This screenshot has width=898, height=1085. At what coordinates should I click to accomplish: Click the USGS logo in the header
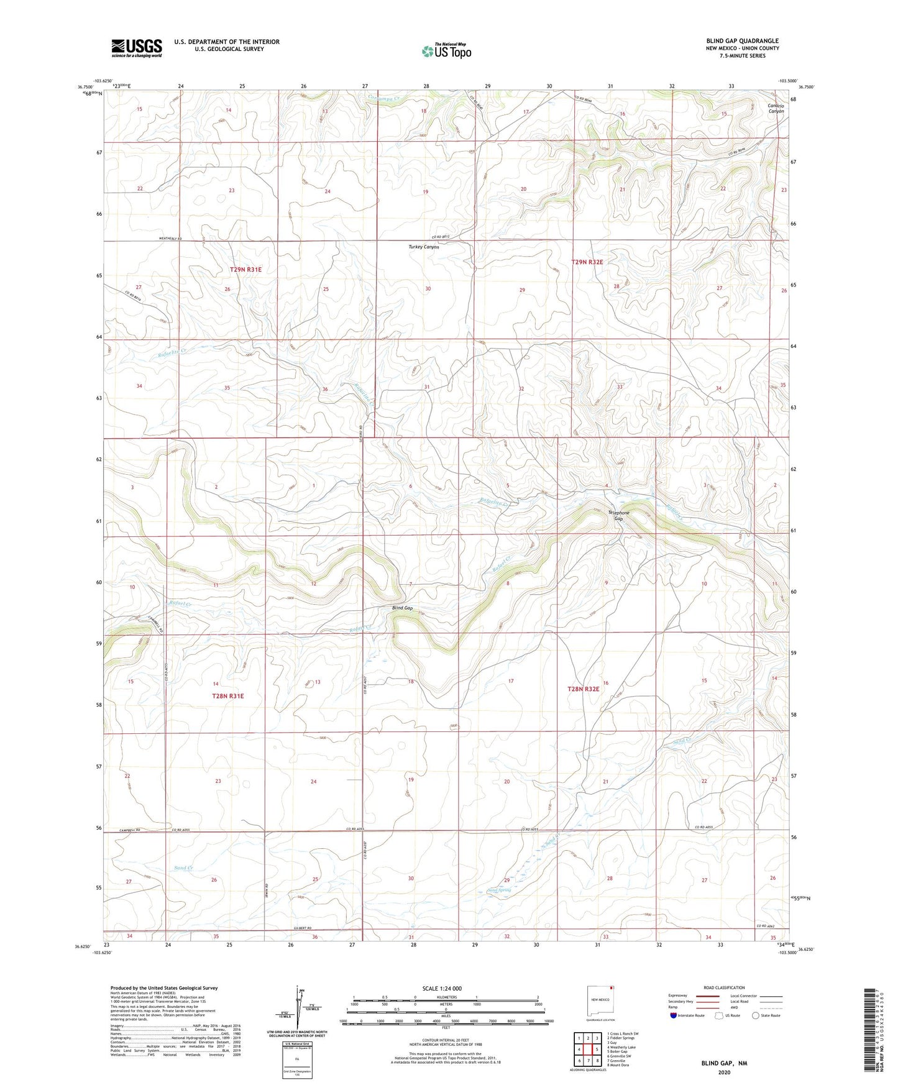(x=137, y=48)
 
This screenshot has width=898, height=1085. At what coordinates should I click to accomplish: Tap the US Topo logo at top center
(x=446, y=50)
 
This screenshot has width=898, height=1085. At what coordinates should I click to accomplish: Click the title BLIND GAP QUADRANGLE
(x=742, y=41)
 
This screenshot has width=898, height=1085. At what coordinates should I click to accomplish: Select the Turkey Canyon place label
(x=423, y=247)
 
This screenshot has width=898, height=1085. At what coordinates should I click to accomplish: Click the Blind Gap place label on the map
(x=402, y=608)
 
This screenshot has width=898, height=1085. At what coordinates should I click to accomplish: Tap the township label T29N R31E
(x=245, y=270)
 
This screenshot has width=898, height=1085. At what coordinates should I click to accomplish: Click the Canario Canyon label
(x=775, y=108)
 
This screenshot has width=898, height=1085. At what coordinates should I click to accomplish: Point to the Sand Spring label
(x=499, y=890)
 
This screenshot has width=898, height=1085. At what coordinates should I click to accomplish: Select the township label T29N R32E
(x=587, y=262)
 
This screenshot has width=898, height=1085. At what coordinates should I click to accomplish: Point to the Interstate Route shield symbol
(x=674, y=1015)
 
